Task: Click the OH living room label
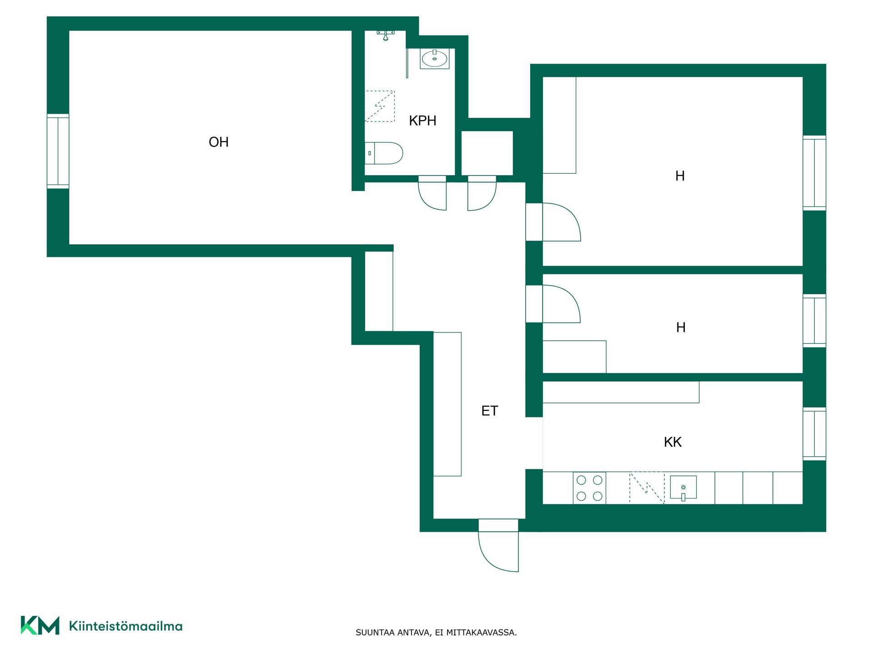218,142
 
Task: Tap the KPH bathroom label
422,121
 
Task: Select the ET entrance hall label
489,411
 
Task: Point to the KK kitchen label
672,442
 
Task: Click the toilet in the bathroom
384,153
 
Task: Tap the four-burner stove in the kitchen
589,488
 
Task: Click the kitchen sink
683,488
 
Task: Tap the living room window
58,151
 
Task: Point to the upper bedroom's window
814,173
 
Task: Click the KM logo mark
40,625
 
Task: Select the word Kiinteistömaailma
125,626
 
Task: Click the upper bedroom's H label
680,176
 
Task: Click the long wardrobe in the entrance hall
447,404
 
